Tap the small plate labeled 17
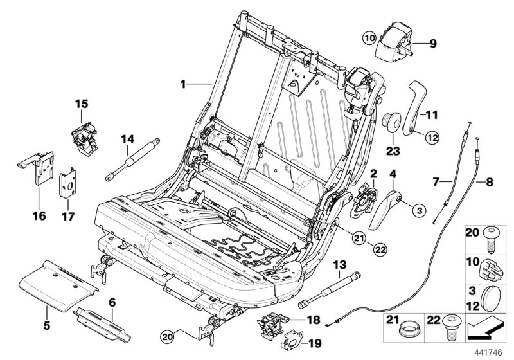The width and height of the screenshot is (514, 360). pyautogui.click(x=69, y=184)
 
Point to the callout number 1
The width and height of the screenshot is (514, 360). pyautogui.click(x=183, y=84)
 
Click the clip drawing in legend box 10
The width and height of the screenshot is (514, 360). pyautogui.click(x=490, y=265)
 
